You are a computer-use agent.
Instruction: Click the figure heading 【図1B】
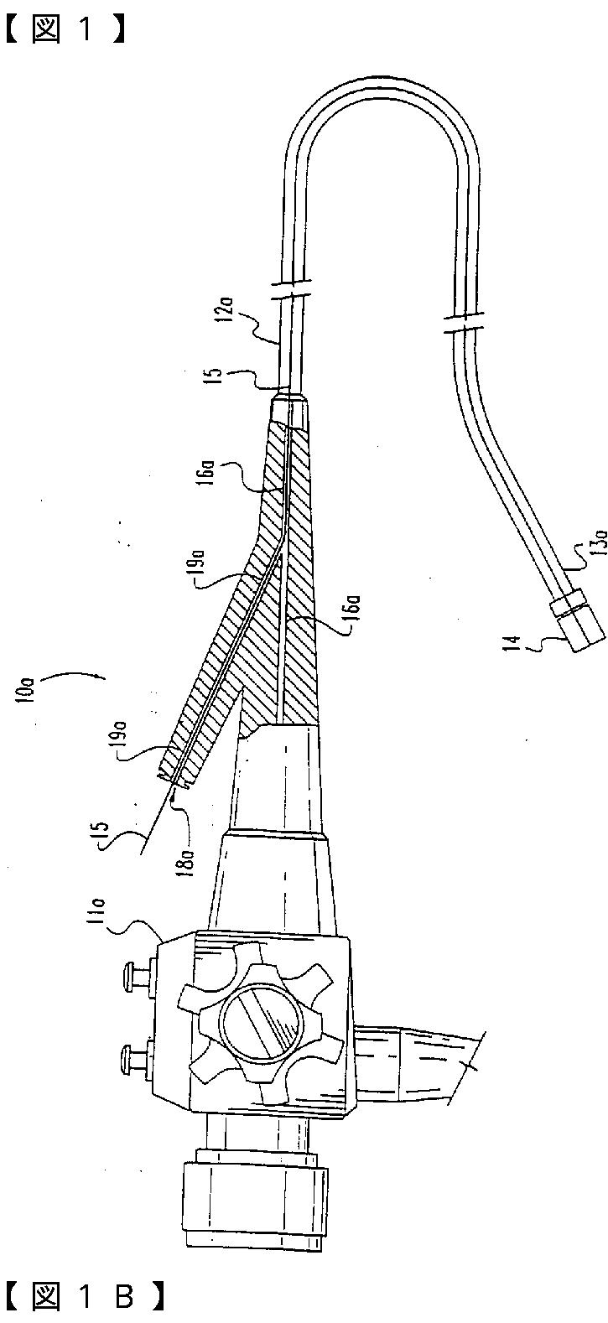click(84, 1297)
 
